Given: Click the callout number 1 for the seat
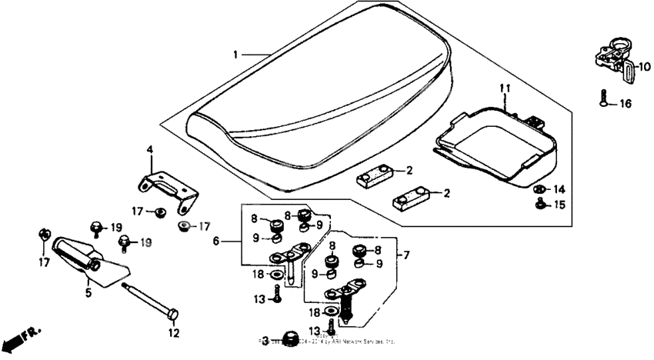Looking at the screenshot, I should coord(237,55).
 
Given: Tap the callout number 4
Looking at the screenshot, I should coord(150,148).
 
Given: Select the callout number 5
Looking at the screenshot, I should coord(88,292).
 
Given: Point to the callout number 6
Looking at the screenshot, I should coord(217,240).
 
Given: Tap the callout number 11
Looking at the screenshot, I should coord(504,89).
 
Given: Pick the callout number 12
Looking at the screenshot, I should coord(174,333).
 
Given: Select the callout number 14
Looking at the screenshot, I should coord(559,188).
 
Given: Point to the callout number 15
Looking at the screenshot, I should coord(559,205).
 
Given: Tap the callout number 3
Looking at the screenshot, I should coord(265,340).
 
